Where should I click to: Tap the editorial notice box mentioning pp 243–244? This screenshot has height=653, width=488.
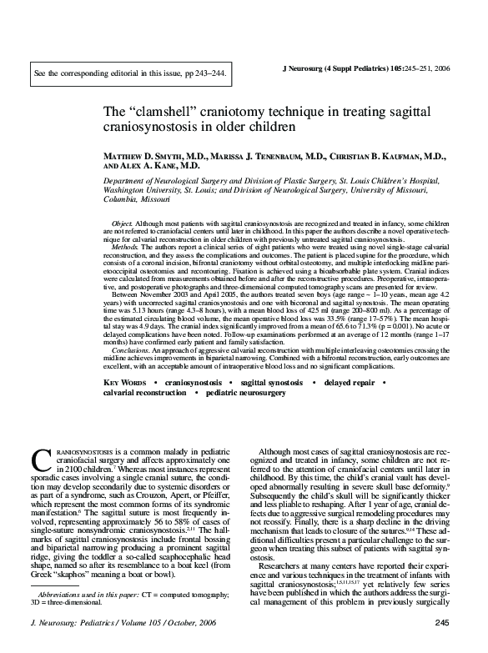tap(129, 74)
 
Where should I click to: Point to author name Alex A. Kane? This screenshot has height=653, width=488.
tap(161, 167)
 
